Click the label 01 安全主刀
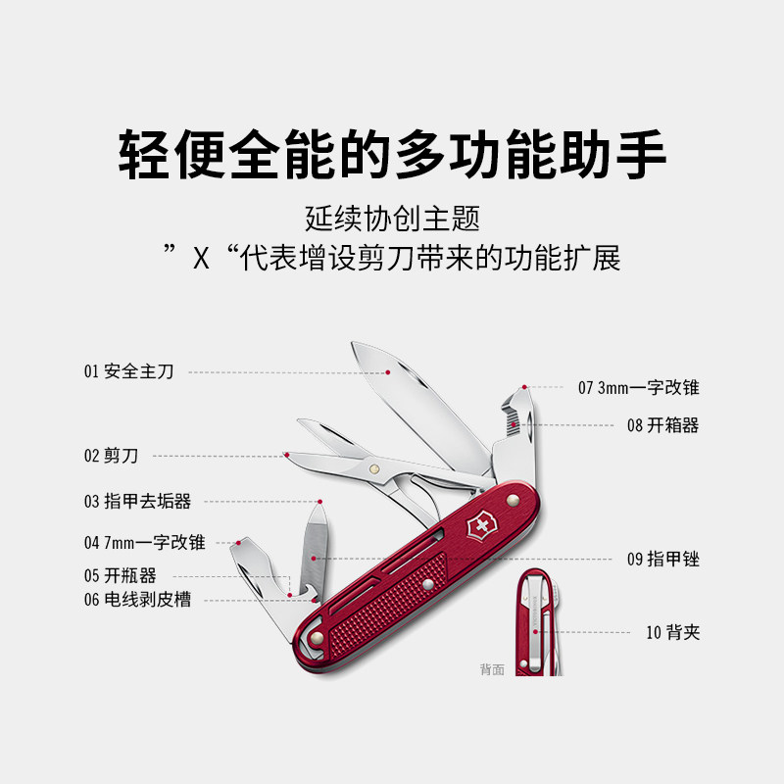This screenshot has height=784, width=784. (x=128, y=372)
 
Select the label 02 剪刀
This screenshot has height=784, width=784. (x=111, y=456)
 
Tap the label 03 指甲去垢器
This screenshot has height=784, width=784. (x=136, y=502)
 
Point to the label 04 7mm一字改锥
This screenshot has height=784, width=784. (x=144, y=542)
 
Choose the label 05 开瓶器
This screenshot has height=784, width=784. (x=120, y=576)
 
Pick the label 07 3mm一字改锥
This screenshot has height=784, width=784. (x=638, y=387)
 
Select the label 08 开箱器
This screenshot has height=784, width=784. (x=662, y=425)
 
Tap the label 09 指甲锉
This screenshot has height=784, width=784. (x=662, y=560)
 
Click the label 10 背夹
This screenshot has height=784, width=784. (x=672, y=632)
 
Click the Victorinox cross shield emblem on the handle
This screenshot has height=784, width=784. (x=481, y=527)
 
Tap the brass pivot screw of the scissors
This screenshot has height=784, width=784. (x=374, y=470)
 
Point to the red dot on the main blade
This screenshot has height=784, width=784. (x=388, y=372)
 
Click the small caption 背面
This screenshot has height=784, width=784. (x=492, y=670)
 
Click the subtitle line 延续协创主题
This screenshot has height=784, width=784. (x=392, y=217)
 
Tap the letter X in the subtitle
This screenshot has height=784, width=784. (x=202, y=260)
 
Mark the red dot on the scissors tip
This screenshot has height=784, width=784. (x=286, y=455)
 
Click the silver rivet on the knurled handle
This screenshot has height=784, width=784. (x=427, y=586)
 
